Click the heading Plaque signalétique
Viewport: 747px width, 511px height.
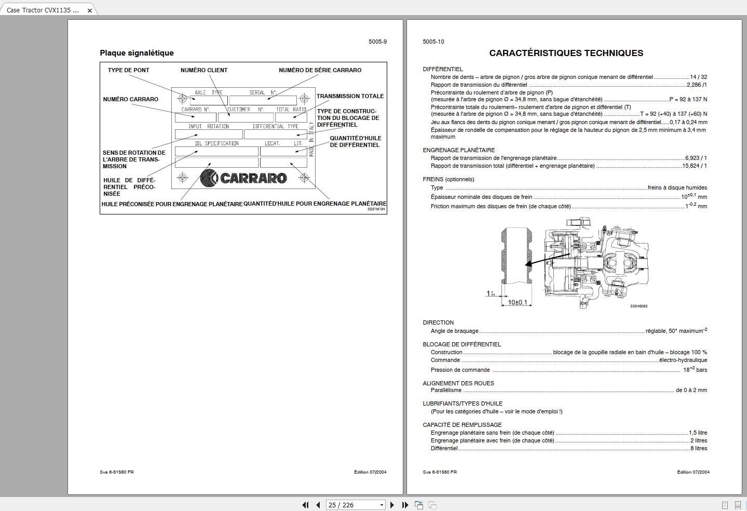point(137,53)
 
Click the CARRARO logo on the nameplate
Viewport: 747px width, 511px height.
point(243,178)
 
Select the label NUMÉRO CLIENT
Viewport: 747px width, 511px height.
point(204,70)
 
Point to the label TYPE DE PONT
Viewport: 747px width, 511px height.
point(128,70)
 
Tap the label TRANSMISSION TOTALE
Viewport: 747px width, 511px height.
point(350,96)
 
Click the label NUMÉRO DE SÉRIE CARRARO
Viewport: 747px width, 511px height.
point(320,70)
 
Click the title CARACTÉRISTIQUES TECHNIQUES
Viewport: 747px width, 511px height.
point(566,53)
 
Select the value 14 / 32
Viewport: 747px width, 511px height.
point(698,77)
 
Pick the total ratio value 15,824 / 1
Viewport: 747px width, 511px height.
point(694,166)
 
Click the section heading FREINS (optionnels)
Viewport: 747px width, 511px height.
point(449,179)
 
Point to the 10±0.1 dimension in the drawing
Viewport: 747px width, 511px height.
point(517,302)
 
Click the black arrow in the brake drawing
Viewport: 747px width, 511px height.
point(548,259)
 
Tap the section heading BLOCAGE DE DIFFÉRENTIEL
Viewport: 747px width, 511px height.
point(461,344)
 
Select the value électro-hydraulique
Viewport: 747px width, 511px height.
point(683,360)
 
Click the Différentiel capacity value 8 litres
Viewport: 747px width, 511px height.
point(698,448)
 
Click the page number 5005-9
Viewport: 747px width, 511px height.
point(377,42)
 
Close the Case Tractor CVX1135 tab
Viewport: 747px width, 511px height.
point(90,10)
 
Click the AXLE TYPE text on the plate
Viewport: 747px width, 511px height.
point(208,92)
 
